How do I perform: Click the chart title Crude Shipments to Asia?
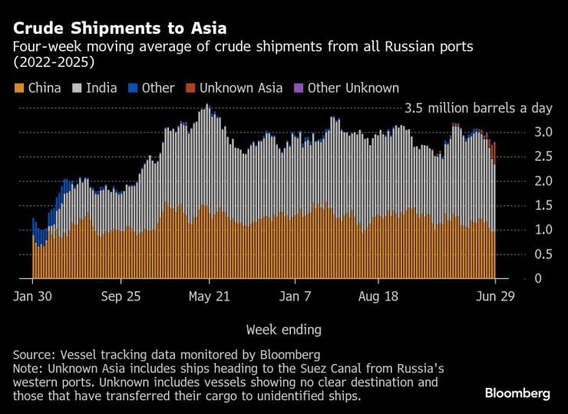(119, 28)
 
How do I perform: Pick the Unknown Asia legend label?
(241, 88)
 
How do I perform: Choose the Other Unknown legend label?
(353, 88)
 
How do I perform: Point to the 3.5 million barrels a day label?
(477, 108)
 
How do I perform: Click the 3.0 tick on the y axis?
(543, 132)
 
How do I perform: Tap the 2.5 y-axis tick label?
(543, 157)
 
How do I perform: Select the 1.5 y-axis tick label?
(543, 205)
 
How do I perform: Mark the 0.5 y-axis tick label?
(543, 254)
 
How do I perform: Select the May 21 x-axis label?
(209, 296)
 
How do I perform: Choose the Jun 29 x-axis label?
(496, 296)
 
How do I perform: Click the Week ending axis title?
(283, 330)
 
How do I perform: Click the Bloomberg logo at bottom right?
(517, 393)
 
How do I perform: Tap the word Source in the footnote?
(33, 355)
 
